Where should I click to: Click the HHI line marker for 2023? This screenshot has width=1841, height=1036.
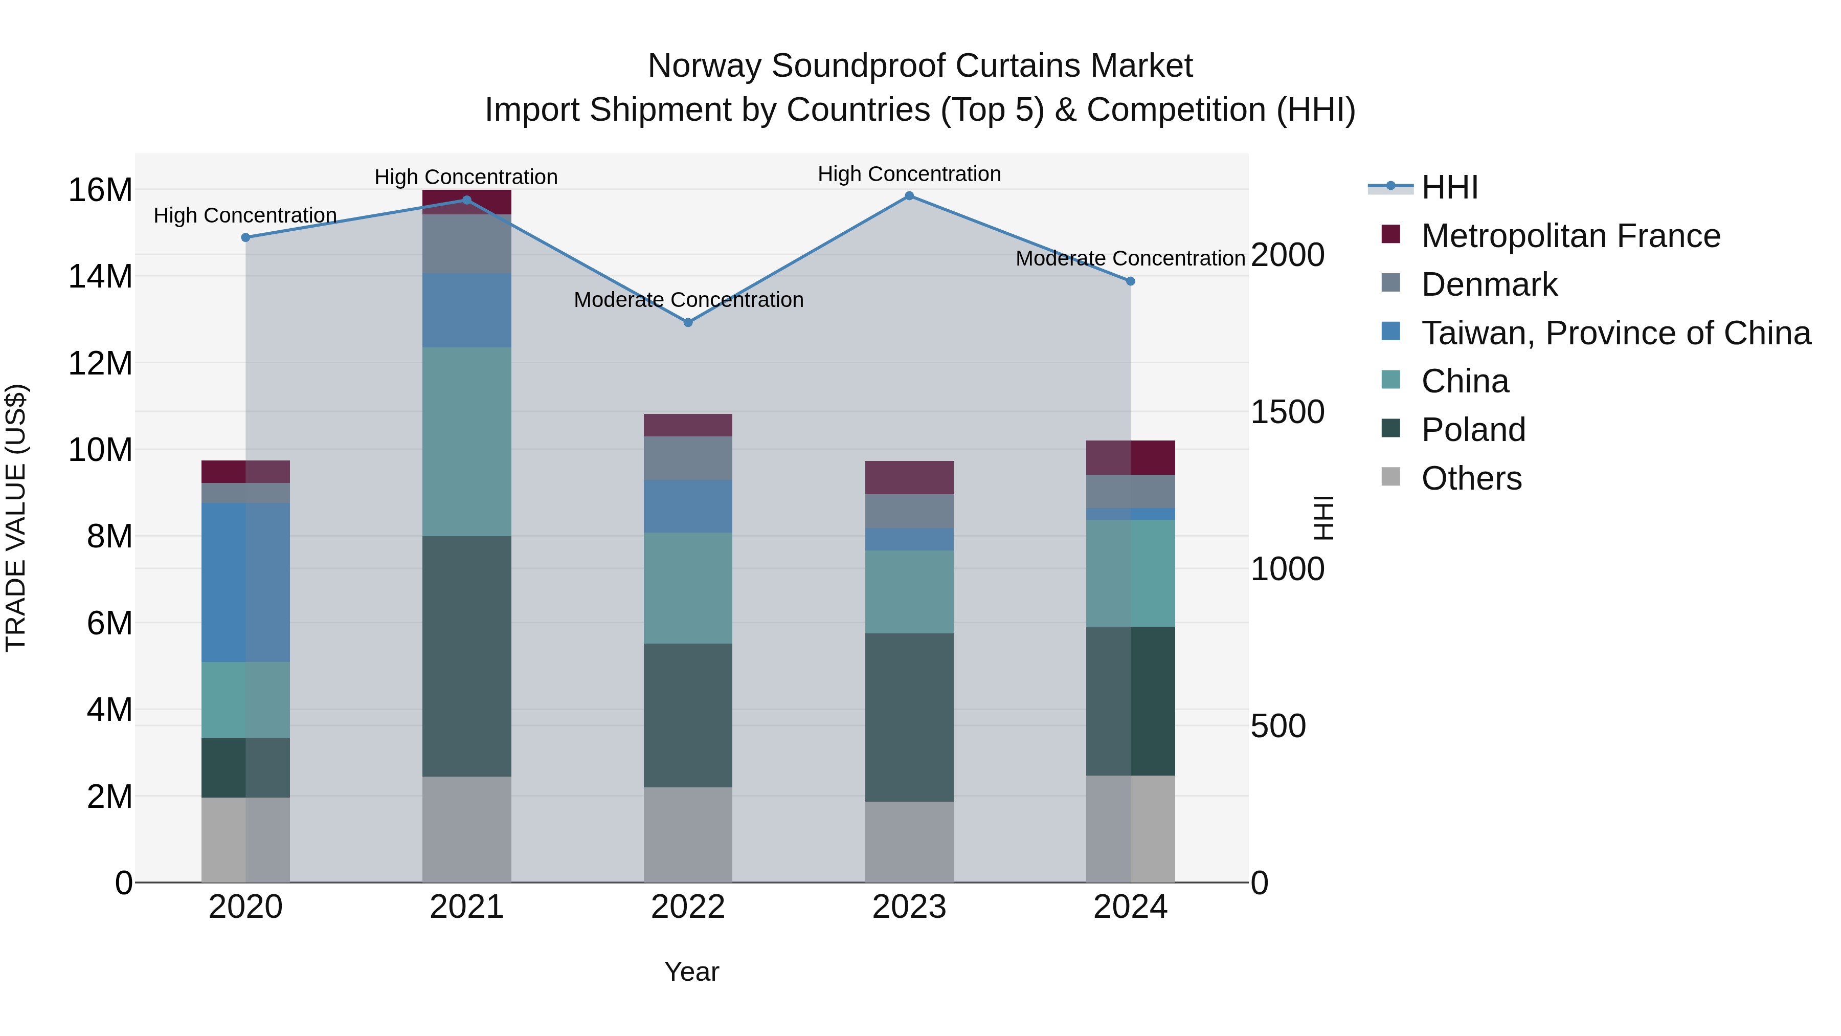[909, 196]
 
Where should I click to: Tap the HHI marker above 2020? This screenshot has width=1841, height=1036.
[246, 237]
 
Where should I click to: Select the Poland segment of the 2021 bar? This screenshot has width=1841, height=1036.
[467, 656]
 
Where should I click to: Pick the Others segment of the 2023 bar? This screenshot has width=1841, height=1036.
[909, 842]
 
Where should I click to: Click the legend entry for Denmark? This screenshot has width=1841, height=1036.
[1489, 284]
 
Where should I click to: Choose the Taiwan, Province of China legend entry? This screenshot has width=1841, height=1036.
[1615, 333]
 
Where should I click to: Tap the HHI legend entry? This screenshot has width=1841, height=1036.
[1449, 187]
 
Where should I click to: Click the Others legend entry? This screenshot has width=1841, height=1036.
[1471, 478]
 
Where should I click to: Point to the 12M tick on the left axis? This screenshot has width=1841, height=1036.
[100, 363]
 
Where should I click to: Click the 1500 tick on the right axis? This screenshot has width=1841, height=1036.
[1287, 412]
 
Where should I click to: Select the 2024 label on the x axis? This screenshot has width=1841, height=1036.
[1130, 907]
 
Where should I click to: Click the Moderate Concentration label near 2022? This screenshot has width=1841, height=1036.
[688, 300]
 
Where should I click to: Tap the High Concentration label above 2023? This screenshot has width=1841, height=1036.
[909, 174]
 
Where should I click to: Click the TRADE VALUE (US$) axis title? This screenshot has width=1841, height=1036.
[16, 518]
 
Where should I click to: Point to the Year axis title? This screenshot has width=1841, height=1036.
[691, 972]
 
